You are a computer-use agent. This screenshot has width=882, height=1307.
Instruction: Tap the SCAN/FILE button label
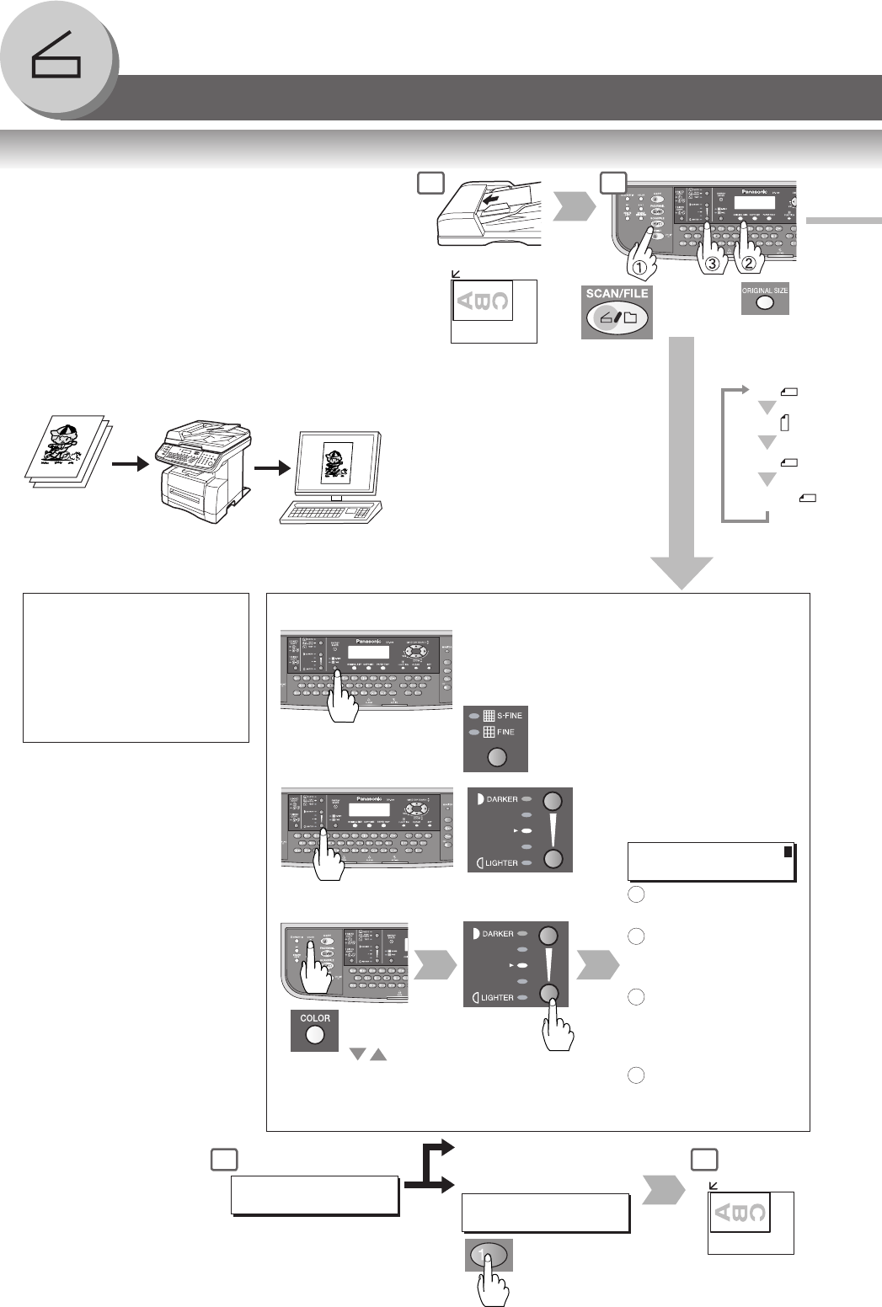coord(617,294)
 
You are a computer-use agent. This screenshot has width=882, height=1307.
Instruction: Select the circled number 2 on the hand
coord(746,264)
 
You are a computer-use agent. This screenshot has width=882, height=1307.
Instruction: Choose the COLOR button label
coord(315,1018)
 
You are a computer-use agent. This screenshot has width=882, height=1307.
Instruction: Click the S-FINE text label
coord(510,716)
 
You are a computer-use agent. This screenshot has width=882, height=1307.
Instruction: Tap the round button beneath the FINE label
coord(497,756)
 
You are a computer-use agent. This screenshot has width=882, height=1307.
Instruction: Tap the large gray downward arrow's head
coord(682,572)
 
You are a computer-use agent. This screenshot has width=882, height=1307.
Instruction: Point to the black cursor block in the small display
coord(788,852)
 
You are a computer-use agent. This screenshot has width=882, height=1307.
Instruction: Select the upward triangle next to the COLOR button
coord(378,1054)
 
